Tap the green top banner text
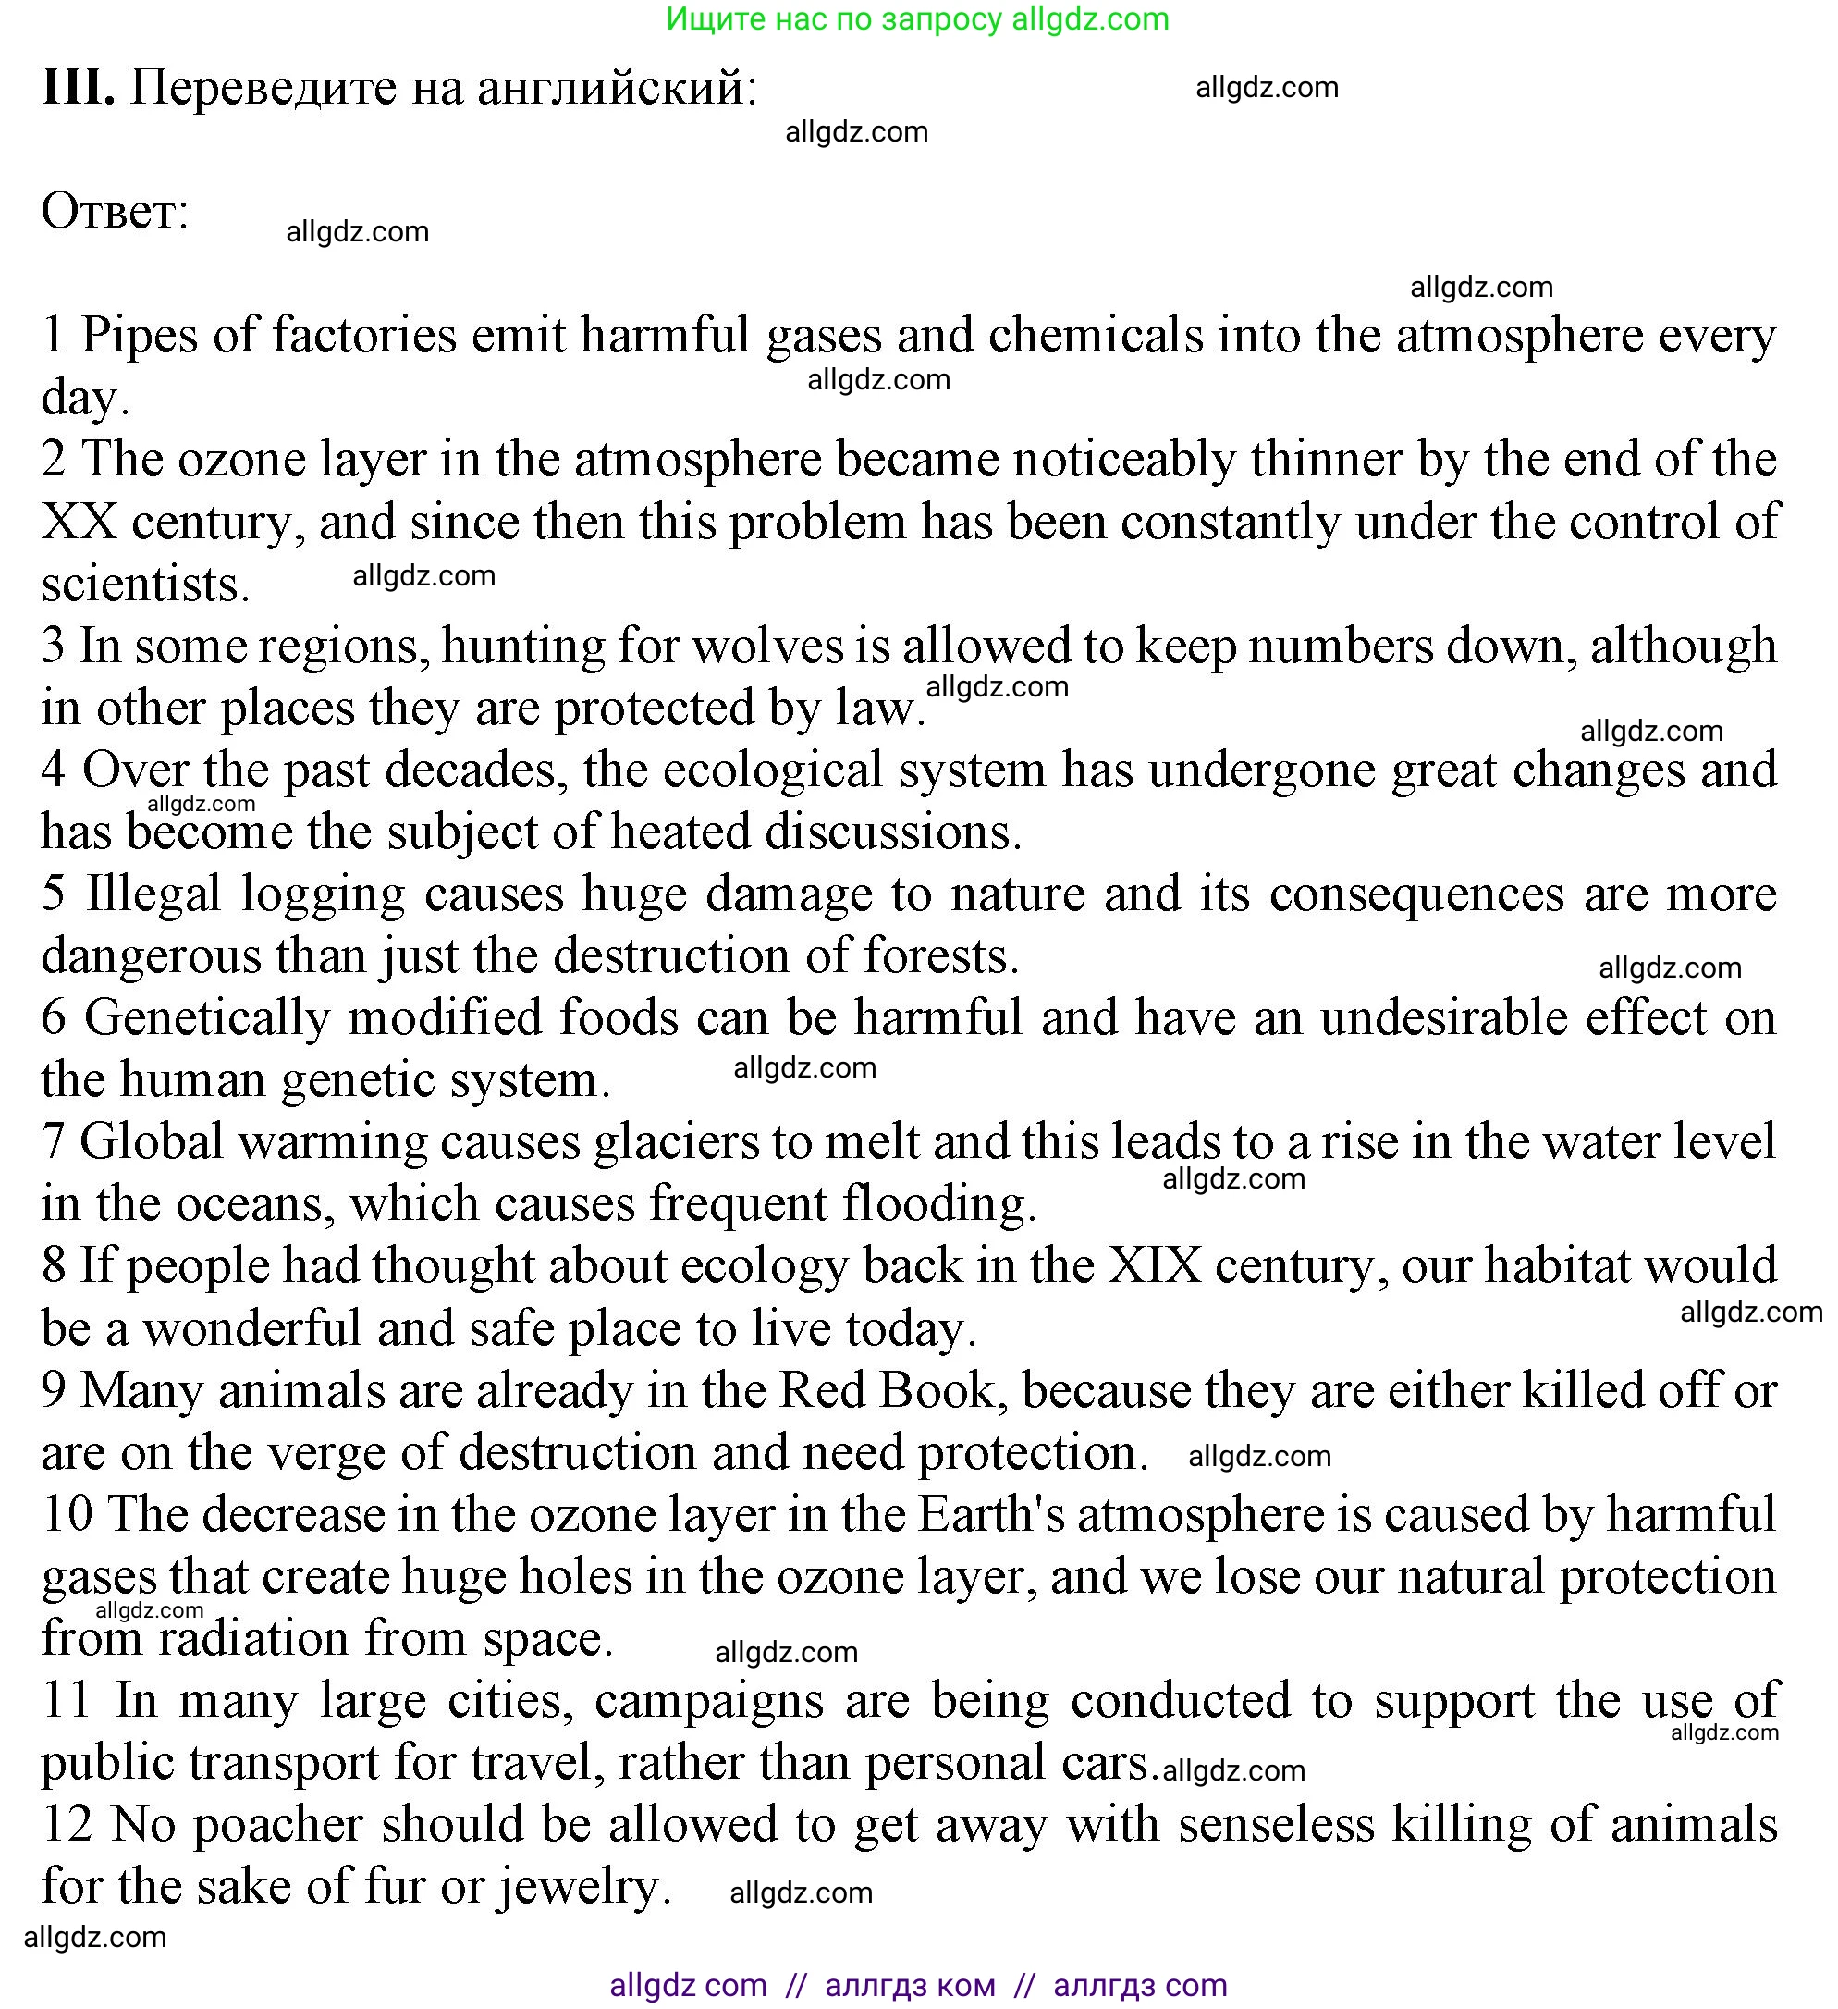[917, 18]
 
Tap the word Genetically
[207, 1018]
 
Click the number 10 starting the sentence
[67, 1515]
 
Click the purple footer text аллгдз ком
[910, 1985]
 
